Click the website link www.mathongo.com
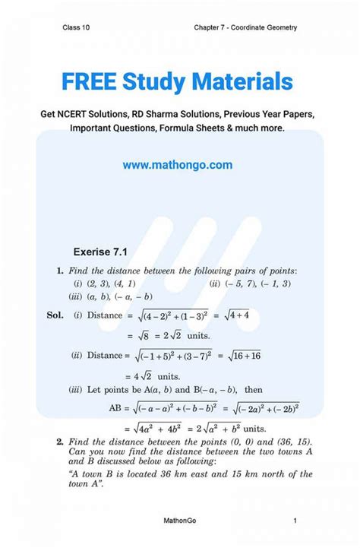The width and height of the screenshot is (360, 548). click(x=177, y=165)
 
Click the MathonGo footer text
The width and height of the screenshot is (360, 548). click(x=179, y=521)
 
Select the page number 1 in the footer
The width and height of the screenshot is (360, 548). click(x=295, y=521)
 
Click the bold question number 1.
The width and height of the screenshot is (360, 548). click(x=59, y=271)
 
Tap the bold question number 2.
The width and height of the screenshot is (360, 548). click(x=59, y=441)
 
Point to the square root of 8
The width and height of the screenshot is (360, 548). click(x=136, y=336)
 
